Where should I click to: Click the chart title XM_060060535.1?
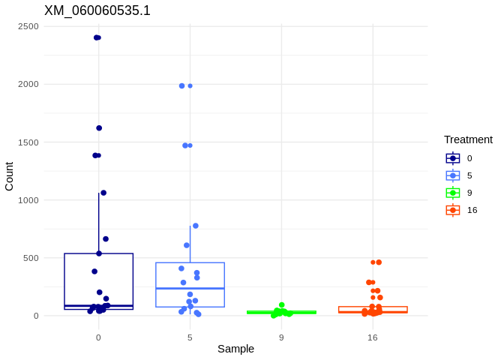click(97, 10)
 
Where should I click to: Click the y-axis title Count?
click(9, 176)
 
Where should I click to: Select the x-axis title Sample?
click(235, 349)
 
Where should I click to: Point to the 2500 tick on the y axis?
click(28, 26)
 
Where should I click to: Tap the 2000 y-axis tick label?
click(28, 84)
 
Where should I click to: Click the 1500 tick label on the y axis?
click(28, 142)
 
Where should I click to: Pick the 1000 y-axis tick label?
click(28, 200)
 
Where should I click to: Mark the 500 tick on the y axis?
click(31, 258)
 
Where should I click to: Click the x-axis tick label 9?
click(281, 337)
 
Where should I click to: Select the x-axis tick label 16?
click(373, 337)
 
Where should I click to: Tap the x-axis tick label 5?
click(190, 337)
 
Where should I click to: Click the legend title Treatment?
click(468, 139)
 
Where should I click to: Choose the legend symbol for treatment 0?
click(453, 158)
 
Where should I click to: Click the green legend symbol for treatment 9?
click(453, 193)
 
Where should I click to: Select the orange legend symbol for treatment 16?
click(453, 210)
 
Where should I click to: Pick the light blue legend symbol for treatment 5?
click(453, 175)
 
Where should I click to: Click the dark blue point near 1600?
click(99, 128)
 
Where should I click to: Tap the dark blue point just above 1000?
click(103, 193)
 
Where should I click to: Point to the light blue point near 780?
click(196, 226)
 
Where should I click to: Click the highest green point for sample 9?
click(282, 305)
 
